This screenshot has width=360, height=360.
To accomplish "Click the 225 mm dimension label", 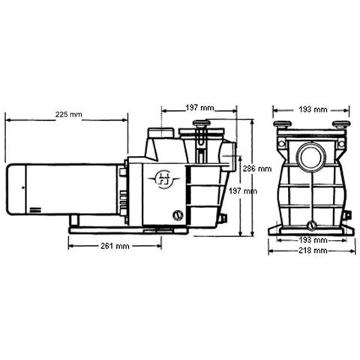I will tap(69, 115).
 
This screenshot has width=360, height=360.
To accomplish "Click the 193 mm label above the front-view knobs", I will tap(312, 109).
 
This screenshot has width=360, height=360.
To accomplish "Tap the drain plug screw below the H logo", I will tap(178, 216).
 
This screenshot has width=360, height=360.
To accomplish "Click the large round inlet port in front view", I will tap(310, 157).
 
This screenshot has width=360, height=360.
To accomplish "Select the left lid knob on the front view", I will tap(282, 124).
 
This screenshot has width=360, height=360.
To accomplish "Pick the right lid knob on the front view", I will tap(340, 124).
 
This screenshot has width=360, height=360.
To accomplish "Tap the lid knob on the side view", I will tap(201, 124).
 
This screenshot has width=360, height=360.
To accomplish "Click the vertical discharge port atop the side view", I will tap(159, 136).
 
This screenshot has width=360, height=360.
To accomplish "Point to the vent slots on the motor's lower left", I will tap(35, 208).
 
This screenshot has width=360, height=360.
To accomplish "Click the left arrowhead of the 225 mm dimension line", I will tap(7, 117).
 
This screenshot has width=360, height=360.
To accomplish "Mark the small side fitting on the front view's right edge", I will tap(347, 216).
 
